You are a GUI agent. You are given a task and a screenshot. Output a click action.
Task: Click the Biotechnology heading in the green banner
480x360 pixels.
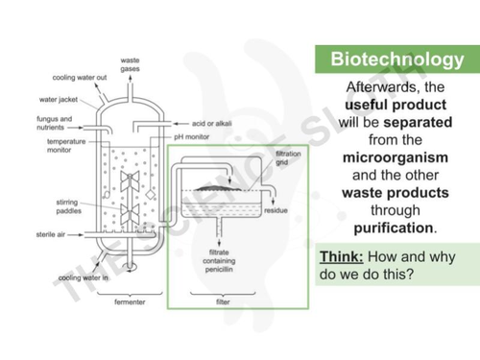tap(396, 60)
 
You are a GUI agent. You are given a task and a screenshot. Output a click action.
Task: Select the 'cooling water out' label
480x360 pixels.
tap(72, 77)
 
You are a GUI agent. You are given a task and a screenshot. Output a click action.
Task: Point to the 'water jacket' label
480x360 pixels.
tap(57, 98)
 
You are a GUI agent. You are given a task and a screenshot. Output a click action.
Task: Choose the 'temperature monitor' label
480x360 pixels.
tap(54, 145)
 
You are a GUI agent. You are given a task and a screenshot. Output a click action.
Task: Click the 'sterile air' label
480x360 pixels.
tap(49, 233)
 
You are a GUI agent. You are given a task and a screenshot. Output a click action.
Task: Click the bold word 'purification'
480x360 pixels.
tap(394, 228)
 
